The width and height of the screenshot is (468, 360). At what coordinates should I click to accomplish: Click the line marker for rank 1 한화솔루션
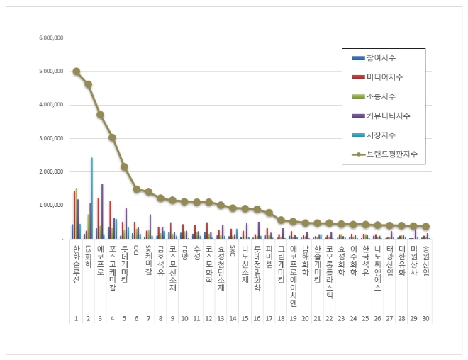(77, 72)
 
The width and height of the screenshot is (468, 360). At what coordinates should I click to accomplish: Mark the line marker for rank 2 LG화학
(89, 84)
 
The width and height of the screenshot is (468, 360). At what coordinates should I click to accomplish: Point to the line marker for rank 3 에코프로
(101, 115)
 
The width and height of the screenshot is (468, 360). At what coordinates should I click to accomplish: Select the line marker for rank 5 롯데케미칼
(125, 167)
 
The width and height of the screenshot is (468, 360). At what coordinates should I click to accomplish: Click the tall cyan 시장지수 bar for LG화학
(91, 198)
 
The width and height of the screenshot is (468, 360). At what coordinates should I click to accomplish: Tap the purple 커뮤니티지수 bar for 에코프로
(102, 211)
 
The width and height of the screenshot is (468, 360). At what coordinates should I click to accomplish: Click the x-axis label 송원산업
(425, 258)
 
